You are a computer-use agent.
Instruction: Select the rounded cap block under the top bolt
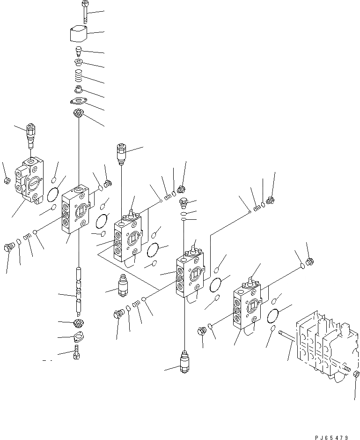(x=78, y=35)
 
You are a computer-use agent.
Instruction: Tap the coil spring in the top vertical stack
(x=79, y=75)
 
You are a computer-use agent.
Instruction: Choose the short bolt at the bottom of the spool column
(x=77, y=351)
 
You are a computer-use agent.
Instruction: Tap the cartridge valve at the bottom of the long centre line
(x=184, y=361)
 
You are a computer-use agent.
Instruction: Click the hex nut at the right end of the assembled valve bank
(x=356, y=374)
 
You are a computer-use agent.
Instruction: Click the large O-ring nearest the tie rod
(x=273, y=316)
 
